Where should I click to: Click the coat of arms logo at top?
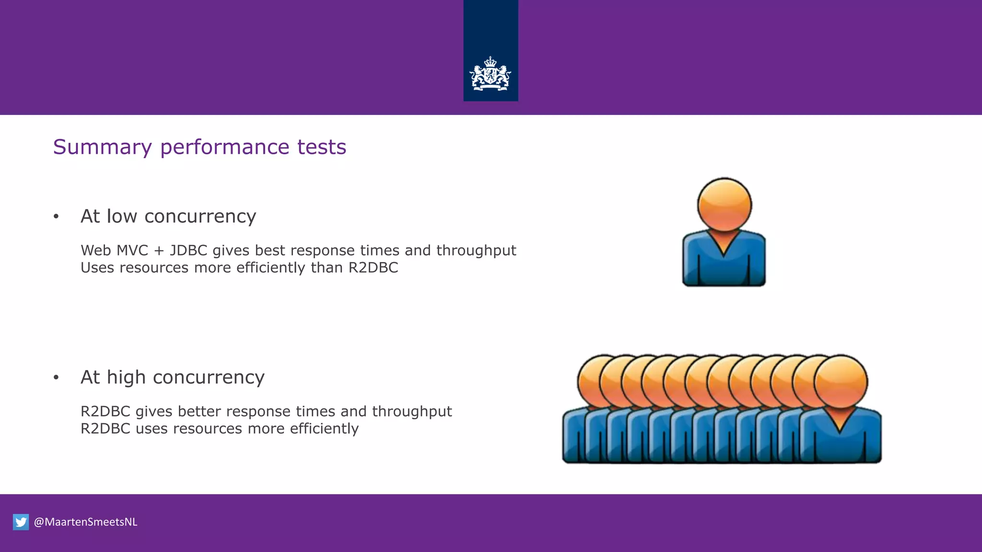coord(490,74)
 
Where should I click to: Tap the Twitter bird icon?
coord(21,522)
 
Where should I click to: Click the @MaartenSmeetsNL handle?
coord(85,522)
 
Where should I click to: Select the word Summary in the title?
coord(102,147)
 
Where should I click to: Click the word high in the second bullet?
coord(126,378)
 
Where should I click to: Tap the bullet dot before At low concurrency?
coord(56,217)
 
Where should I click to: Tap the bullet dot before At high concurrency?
coord(56,378)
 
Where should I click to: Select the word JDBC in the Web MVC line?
coord(188,251)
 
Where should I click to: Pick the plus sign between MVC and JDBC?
coord(159,251)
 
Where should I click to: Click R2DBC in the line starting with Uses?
coord(373,268)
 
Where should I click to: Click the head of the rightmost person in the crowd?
coord(841,381)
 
